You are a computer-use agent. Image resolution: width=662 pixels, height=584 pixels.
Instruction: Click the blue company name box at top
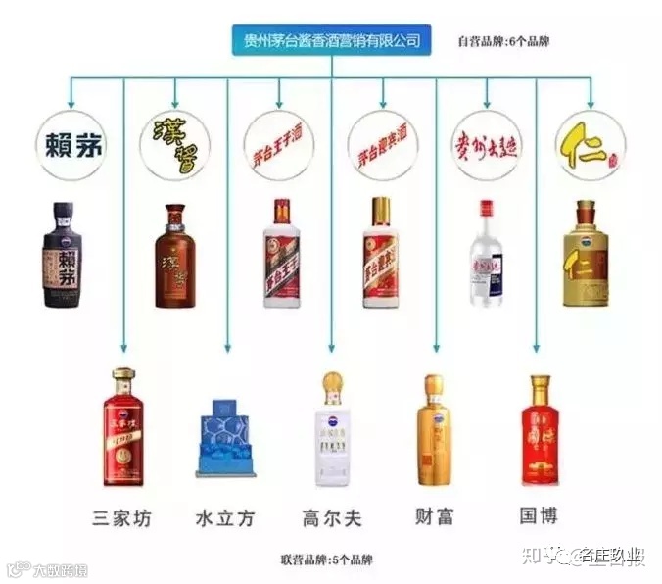click(x=332, y=40)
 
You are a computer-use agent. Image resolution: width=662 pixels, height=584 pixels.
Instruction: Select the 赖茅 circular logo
click(x=71, y=144)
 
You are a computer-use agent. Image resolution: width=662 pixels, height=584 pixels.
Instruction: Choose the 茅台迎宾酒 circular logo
click(x=384, y=144)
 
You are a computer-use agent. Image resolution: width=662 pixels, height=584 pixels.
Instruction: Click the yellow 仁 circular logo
click(x=591, y=144)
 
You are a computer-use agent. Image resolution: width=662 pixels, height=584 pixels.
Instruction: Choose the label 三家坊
click(x=122, y=515)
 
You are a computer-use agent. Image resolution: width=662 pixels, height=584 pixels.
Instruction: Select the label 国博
click(x=539, y=514)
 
